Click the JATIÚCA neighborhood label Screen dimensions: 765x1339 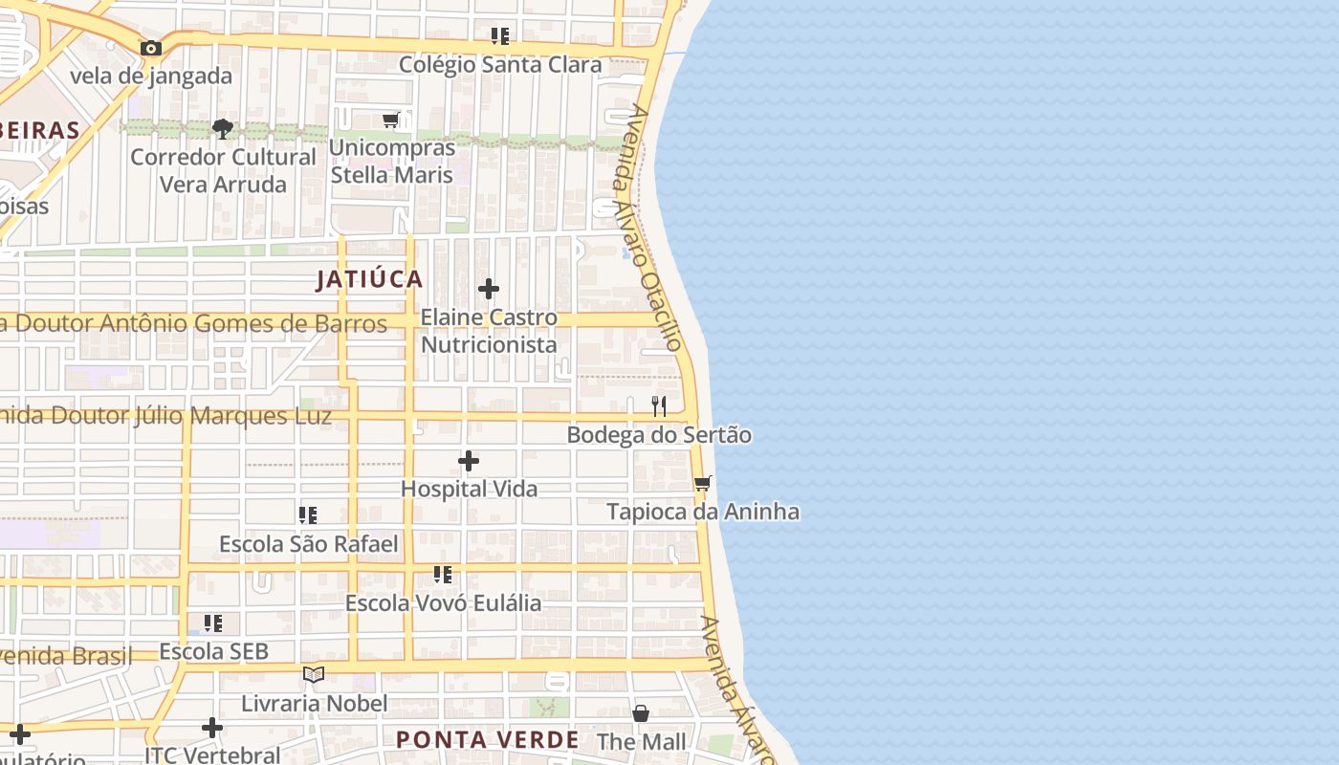pyautogui.click(x=369, y=279)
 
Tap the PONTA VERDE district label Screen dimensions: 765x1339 pyautogui.click(x=488, y=739)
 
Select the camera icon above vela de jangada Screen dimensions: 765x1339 pyautogui.click(x=150, y=48)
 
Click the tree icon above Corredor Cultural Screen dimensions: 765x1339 pyautogui.click(x=223, y=128)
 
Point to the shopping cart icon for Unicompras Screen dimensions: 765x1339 pyautogui.click(x=390, y=120)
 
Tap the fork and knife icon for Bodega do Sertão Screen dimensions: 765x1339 pyautogui.click(x=658, y=406)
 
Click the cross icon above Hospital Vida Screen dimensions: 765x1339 pyautogui.click(x=469, y=461)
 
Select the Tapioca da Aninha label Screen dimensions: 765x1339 pyautogui.click(x=703, y=512)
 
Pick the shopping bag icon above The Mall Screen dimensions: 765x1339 pyautogui.click(x=641, y=713)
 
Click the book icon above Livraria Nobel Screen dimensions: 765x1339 pyautogui.click(x=314, y=675)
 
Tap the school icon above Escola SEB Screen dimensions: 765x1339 pyautogui.click(x=213, y=623)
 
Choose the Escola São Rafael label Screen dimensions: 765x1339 pyautogui.click(x=308, y=544)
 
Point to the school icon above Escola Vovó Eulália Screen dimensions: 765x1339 pyautogui.click(x=442, y=575)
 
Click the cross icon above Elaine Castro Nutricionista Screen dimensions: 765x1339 pyautogui.click(x=489, y=289)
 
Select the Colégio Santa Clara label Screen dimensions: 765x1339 pyautogui.click(x=500, y=65)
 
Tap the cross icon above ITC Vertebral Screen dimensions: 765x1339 pyautogui.click(x=212, y=728)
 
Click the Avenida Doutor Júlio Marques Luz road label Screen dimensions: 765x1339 pyautogui.click(x=166, y=416)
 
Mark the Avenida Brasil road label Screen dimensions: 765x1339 pyautogui.click(x=67, y=656)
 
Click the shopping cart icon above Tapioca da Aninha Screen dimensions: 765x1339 pyautogui.click(x=703, y=484)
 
